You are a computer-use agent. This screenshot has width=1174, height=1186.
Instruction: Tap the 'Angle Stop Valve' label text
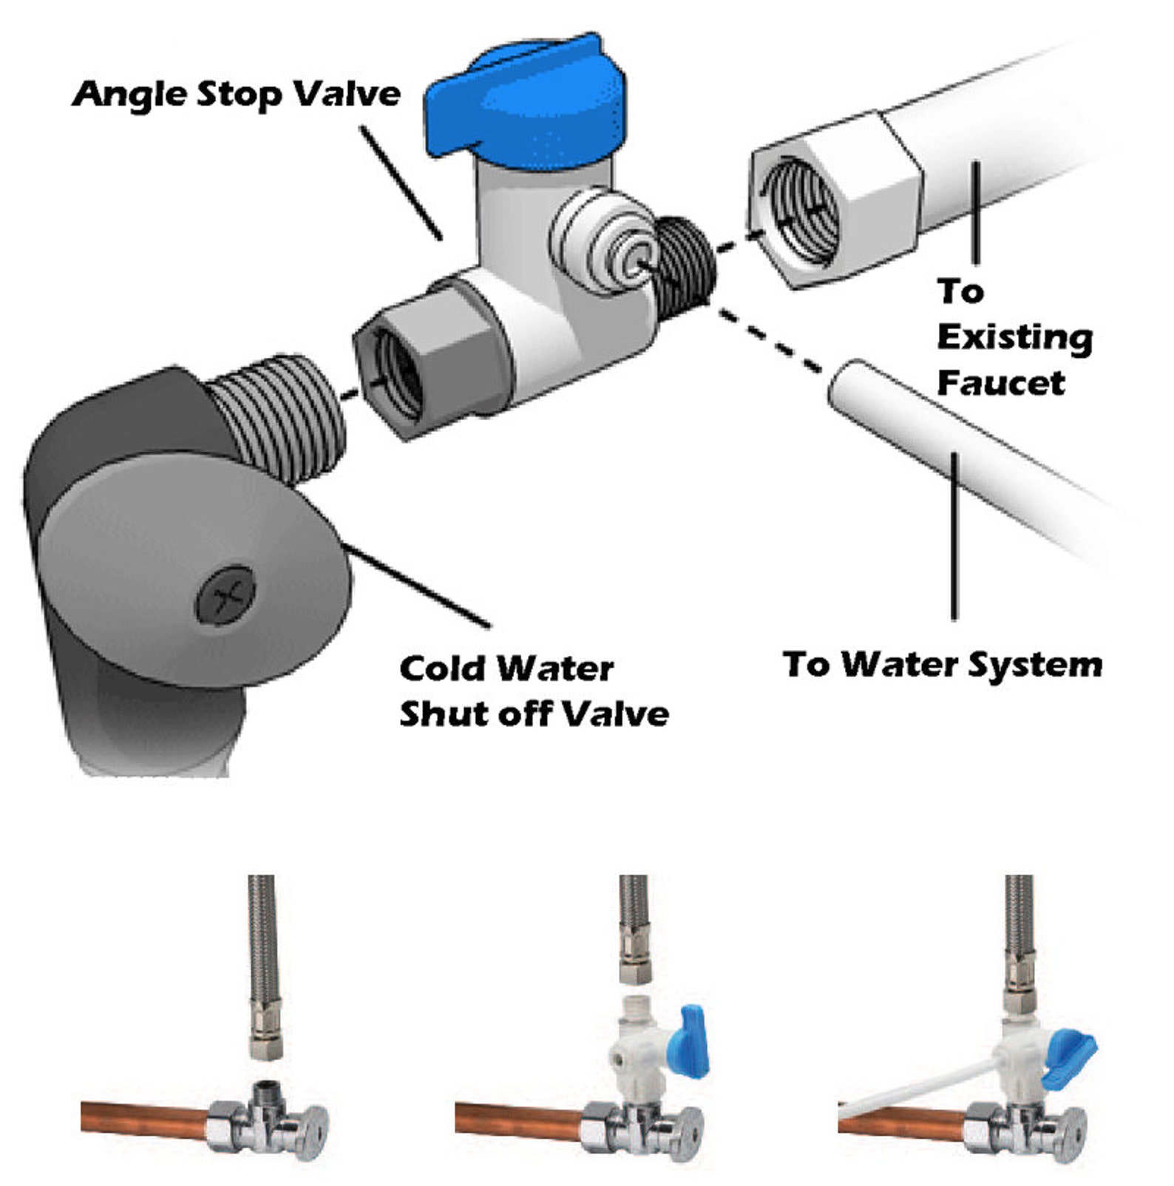click(237, 94)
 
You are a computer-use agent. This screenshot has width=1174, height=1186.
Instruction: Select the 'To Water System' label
click(943, 665)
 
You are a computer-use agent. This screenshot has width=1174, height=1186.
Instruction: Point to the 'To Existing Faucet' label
click(1014, 337)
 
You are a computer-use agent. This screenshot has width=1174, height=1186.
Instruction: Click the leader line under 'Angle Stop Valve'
click(402, 183)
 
